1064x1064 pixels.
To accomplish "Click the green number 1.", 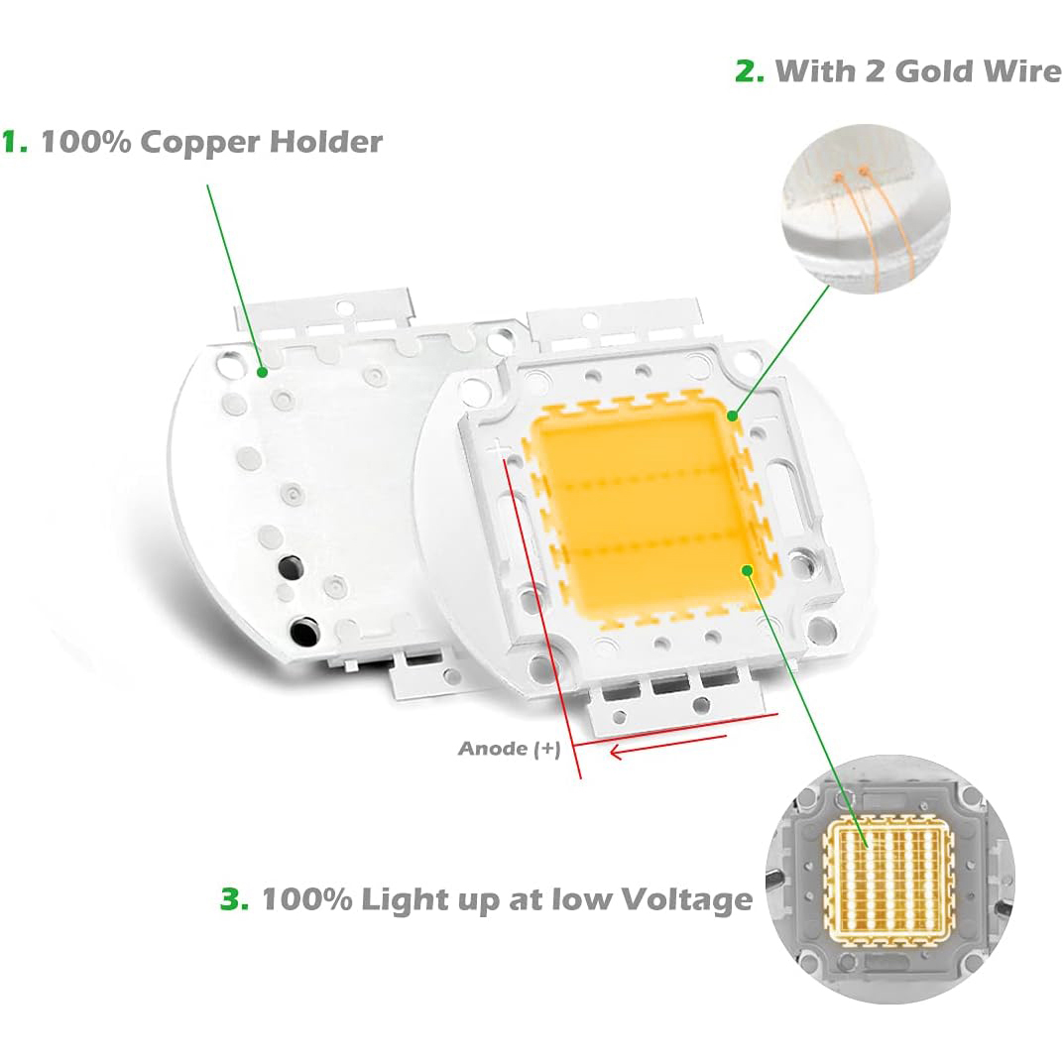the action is (x=14, y=142).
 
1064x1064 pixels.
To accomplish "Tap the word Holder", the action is (x=327, y=142).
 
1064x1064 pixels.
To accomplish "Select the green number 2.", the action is (x=749, y=71).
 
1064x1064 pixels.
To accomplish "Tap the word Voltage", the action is (x=686, y=900).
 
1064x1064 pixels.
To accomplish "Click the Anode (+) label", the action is (x=509, y=749).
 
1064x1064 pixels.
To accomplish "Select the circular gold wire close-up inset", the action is (x=866, y=208).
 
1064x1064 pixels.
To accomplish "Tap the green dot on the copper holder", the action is (x=262, y=373).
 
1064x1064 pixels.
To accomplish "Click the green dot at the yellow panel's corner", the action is (x=732, y=415).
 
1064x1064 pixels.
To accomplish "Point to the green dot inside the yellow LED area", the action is (x=747, y=569).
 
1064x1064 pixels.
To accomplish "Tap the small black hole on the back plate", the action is (x=290, y=568).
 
